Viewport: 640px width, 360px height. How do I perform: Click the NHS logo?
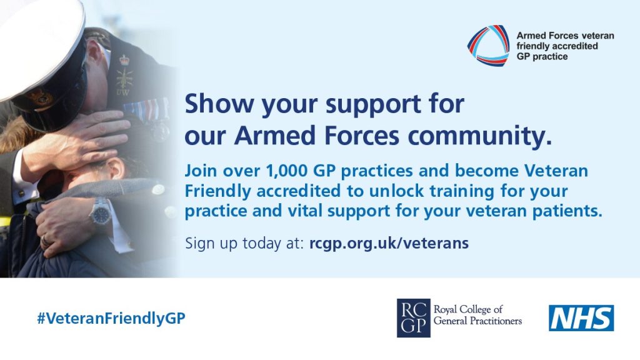tap(581, 318)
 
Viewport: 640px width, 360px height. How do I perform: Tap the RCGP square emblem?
tap(414, 318)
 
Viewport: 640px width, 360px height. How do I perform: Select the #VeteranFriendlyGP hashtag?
tap(111, 318)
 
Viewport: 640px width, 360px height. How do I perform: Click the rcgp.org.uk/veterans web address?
tap(389, 243)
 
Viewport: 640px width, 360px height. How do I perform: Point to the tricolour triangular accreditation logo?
tap(488, 45)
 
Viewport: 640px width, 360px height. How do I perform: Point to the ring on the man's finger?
tap(45, 242)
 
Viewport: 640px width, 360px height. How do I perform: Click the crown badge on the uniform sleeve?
tap(124, 61)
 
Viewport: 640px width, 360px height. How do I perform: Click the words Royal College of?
tap(467, 309)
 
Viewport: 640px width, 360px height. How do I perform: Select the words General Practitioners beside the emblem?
tap(477, 321)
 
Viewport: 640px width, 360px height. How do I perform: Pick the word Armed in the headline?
tap(275, 136)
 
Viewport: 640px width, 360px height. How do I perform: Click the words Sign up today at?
tap(244, 243)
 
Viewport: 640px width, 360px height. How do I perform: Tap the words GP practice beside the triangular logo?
tap(542, 57)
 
